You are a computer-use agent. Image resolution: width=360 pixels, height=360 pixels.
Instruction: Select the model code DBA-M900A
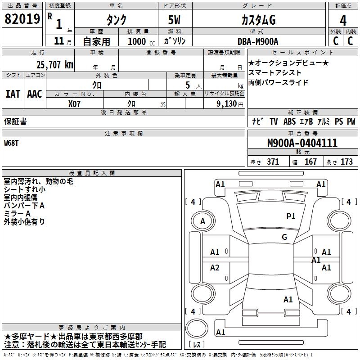258,41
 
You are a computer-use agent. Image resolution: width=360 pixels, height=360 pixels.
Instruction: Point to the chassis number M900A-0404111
302,143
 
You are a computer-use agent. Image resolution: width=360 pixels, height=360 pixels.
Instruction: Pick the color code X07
75,103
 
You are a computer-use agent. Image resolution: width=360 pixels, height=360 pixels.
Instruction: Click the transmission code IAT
13,94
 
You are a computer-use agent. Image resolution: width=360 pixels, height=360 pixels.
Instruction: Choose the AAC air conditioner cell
35,94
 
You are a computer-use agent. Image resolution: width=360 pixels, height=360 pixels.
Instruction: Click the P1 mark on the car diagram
291,216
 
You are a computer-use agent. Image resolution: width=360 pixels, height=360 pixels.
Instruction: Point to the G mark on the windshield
284,237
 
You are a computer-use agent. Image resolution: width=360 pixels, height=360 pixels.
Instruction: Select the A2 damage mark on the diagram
215,268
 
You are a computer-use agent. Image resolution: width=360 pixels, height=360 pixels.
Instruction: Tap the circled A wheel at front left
202,221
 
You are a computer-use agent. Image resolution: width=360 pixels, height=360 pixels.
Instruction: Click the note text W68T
12,143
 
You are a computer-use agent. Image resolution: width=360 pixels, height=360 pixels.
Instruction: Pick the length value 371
273,162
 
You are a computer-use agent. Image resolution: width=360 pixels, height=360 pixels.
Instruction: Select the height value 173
346,162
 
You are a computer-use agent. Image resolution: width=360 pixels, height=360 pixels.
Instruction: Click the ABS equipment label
289,121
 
